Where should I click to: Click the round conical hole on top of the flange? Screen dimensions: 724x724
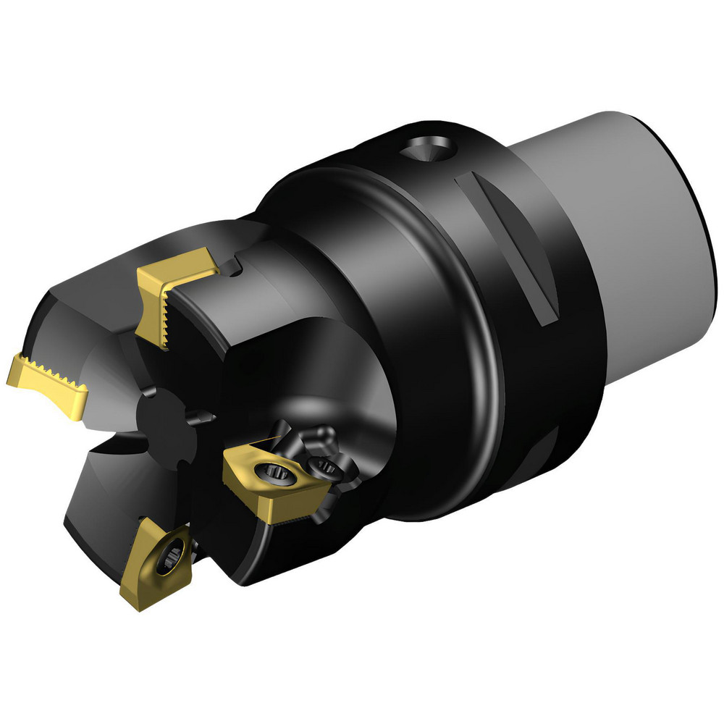(x=429, y=150)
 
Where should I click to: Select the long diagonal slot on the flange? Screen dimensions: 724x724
(x=507, y=246)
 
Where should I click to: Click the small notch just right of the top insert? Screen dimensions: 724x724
(x=234, y=267)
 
